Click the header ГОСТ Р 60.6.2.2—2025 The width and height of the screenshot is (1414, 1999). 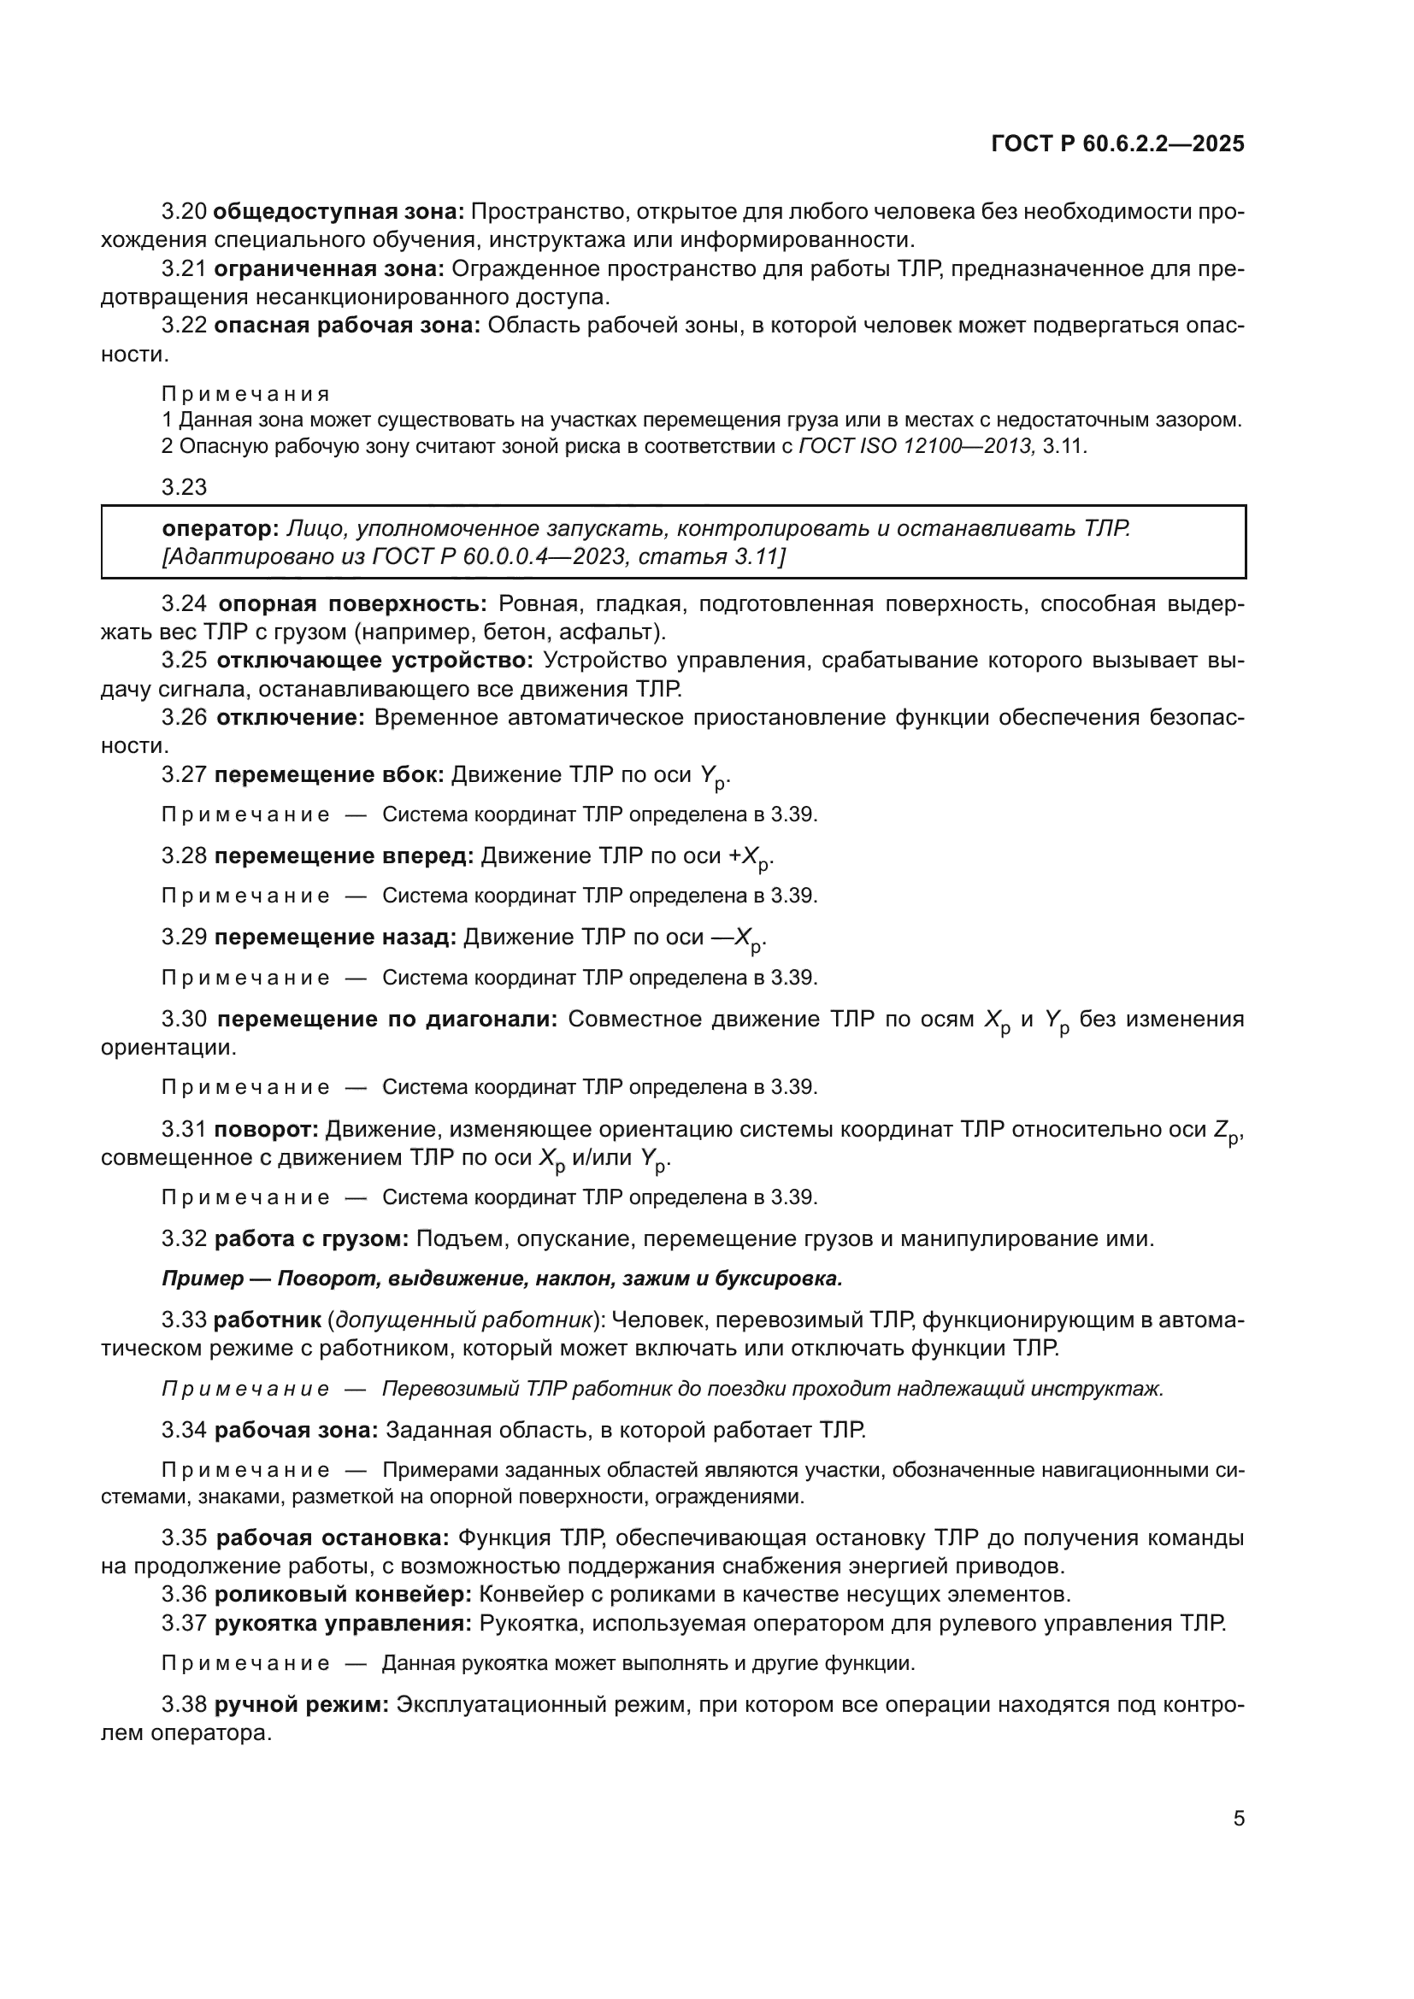click(1117, 144)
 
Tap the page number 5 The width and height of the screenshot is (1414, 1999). click(1238, 1818)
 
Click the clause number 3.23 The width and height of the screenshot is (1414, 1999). click(184, 486)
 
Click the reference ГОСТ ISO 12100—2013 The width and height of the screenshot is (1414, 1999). click(916, 447)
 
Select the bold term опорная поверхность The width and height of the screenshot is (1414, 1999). click(351, 603)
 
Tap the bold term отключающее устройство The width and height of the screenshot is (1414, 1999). click(374, 660)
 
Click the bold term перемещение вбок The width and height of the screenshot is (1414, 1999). click(329, 774)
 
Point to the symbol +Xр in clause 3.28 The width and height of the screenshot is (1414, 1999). click(751, 857)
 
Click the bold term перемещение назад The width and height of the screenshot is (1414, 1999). click(335, 937)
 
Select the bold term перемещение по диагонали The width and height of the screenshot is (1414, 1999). click(386, 1019)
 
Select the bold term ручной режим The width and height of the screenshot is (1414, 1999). click(301, 1705)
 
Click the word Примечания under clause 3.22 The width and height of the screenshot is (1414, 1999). click(245, 394)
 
